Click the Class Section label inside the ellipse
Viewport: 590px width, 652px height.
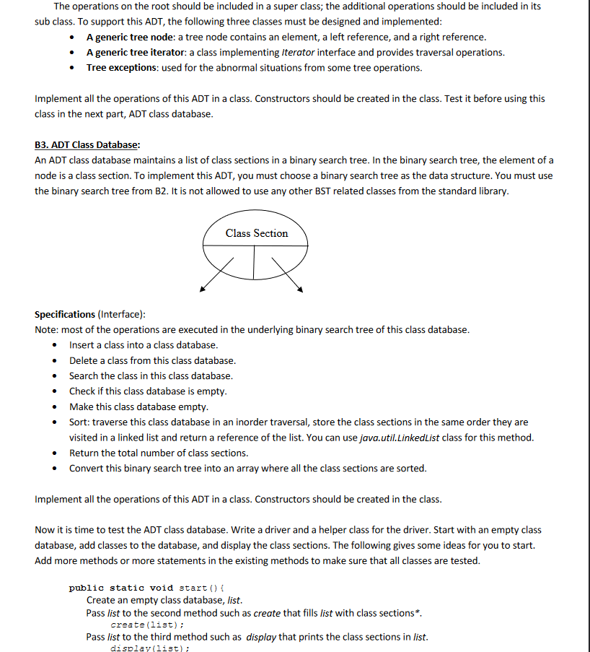(x=256, y=233)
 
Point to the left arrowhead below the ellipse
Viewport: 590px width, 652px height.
(x=203, y=290)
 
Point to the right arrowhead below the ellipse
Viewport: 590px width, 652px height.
(x=299, y=290)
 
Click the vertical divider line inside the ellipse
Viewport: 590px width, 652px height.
(x=254, y=262)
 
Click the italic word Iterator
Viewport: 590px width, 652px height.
(x=297, y=52)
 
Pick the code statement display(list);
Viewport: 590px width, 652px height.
(x=149, y=648)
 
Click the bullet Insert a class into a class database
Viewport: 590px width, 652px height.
(x=144, y=345)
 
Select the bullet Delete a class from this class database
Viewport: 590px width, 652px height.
(x=152, y=360)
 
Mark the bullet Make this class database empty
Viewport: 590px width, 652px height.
(x=138, y=407)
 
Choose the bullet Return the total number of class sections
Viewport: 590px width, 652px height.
(x=159, y=453)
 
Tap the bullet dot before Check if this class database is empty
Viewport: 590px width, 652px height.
(x=55, y=391)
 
